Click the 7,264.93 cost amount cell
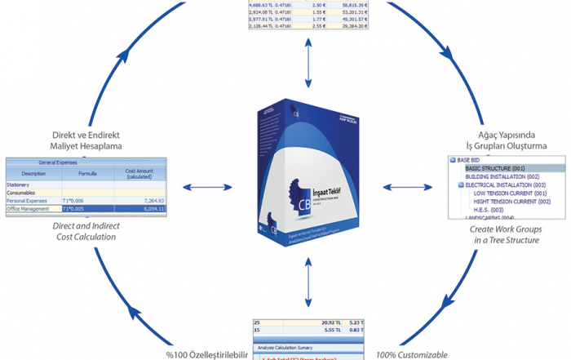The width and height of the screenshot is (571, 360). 149,200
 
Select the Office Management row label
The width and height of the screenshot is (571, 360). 29,209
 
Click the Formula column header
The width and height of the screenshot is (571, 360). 87,174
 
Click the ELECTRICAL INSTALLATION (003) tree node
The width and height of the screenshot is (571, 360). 506,185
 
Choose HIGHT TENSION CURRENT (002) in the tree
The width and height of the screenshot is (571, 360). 511,202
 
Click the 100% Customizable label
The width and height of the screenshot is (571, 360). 413,355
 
